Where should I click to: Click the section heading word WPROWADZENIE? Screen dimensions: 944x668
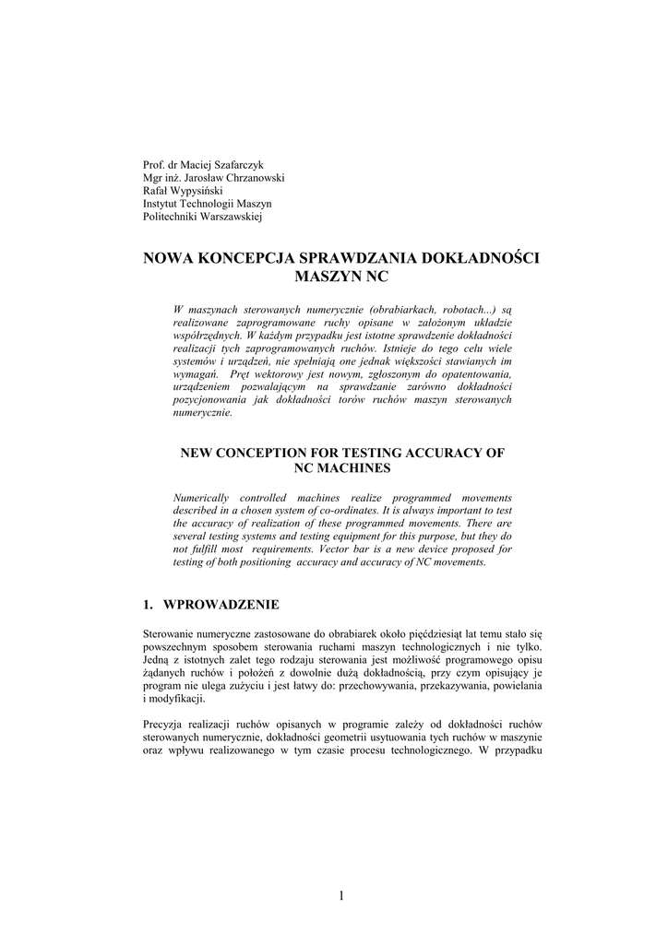click(x=221, y=605)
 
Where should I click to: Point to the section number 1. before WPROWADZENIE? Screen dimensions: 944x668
click(x=148, y=605)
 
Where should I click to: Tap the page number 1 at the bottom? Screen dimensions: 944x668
click(x=340, y=895)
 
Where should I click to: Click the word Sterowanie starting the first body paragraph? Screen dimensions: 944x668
click(x=172, y=635)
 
